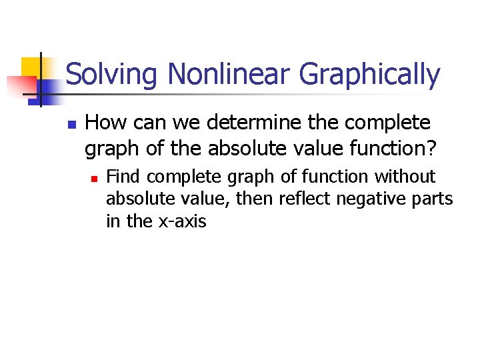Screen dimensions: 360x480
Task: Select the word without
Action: pyautogui.click(x=405, y=177)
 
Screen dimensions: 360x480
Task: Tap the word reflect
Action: pyautogui.click(x=304, y=199)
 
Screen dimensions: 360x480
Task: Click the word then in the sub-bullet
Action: pyautogui.click(x=258, y=199)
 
